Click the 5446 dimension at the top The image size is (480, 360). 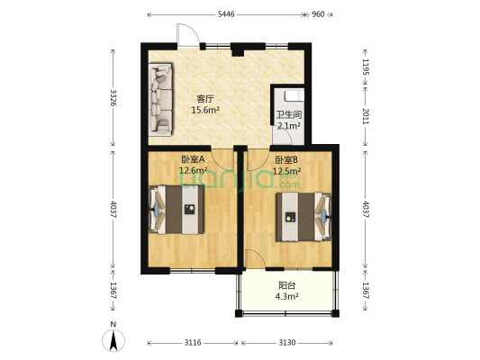click(x=226, y=14)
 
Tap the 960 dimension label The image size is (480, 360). click(x=318, y=14)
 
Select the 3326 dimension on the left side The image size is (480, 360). click(x=113, y=97)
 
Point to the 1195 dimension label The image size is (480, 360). click(x=366, y=67)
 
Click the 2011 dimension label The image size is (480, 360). click(x=366, y=116)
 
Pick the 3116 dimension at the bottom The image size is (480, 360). click(x=193, y=343)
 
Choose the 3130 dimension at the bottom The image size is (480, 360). click(x=287, y=343)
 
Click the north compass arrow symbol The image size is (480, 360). click(x=113, y=340)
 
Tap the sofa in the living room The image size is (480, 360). click(x=160, y=99)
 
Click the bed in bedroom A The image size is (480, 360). click(x=177, y=210)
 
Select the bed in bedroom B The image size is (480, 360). click(x=303, y=217)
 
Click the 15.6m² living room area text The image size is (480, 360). click(x=205, y=110)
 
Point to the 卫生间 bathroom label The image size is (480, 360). click(x=289, y=115)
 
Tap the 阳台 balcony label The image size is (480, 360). click(x=287, y=285)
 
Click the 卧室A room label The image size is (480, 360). click(x=193, y=159)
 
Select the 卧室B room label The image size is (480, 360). click(x=286, y=159)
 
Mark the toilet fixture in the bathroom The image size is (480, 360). click(x=294, y=95)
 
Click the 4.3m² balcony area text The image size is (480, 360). click(x=287, y=296)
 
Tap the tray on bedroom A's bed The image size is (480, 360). click(x=190, y=209)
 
